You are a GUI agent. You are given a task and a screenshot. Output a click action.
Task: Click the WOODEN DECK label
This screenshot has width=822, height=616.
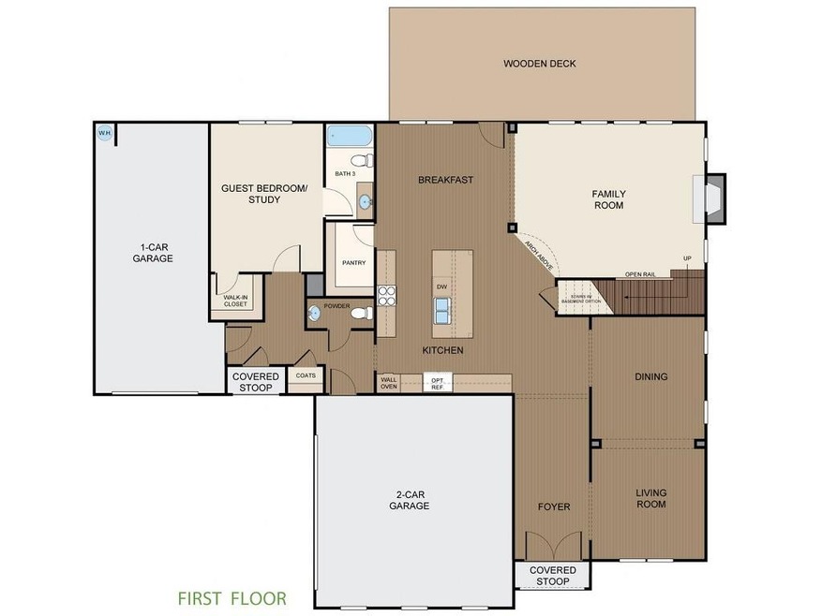coord(539,64)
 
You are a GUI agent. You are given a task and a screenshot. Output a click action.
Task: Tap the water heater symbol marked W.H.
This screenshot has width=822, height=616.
coord(103,132)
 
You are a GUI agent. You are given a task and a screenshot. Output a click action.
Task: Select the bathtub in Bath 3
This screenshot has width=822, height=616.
coord(350,136)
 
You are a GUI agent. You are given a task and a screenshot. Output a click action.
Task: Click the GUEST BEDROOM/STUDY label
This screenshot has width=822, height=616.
coord(263,194)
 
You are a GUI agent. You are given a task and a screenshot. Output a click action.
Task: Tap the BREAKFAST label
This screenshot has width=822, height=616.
coord(445,180)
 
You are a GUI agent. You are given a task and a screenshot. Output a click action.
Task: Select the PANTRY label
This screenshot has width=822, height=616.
coord(353,263)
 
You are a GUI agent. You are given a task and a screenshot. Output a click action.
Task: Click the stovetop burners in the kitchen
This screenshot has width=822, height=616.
coord(386,296)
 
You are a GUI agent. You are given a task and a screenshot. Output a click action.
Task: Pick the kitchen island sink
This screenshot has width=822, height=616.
coord(441,308)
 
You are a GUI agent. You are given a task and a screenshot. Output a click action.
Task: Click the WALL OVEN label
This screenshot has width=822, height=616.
coord(388,382)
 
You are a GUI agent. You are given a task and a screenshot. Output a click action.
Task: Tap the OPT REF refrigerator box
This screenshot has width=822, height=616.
coord(436,382)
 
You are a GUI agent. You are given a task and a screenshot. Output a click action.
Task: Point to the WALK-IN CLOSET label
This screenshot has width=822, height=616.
coord(235,301)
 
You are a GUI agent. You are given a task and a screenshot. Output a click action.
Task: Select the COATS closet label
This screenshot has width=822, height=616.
coord(306,375)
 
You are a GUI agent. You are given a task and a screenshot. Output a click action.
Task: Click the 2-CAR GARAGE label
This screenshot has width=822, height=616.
coord(409,500)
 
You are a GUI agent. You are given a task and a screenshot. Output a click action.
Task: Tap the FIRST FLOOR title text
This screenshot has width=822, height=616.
coord(232,597)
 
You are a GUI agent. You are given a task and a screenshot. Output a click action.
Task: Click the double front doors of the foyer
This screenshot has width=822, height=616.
coord(552,547)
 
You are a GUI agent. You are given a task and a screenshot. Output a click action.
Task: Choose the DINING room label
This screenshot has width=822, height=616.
coord(650,377)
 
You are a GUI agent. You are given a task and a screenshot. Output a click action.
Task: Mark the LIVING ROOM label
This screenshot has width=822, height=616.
coord(650,498)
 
